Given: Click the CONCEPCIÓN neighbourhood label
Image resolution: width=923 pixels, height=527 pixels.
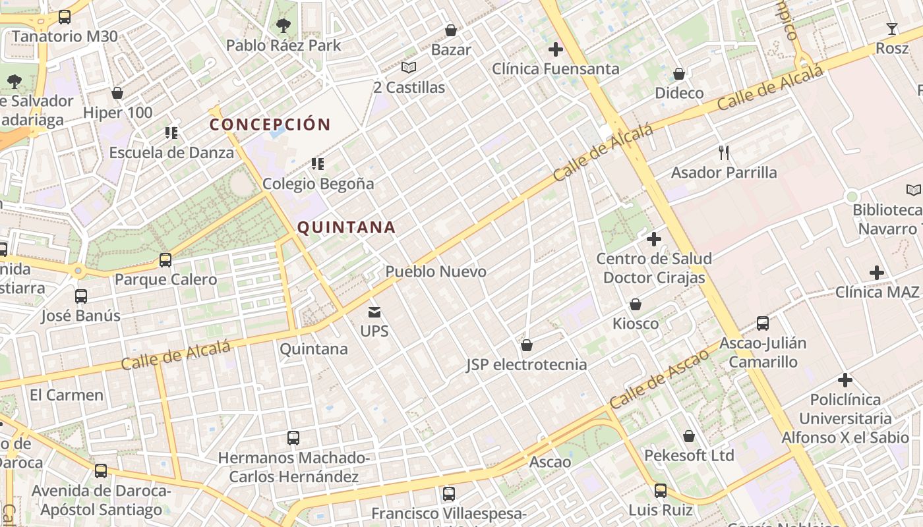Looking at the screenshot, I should click(270, 125).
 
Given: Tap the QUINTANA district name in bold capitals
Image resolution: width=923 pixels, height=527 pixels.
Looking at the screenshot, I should click(346, 228).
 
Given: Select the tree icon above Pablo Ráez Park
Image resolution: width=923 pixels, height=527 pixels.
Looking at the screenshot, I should click(283, 26).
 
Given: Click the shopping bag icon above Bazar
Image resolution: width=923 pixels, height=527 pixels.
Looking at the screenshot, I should click(451, 30).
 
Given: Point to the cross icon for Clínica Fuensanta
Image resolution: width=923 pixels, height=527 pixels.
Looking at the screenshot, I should click(556, 49).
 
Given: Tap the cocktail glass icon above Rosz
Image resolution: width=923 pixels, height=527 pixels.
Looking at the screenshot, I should click(892, 28).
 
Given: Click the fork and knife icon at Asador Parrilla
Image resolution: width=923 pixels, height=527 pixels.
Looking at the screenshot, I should click(724, 153).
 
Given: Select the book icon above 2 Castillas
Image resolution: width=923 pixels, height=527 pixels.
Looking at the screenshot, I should click(409, 67).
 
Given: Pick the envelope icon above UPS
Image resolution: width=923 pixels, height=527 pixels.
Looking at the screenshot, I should click(374, 312).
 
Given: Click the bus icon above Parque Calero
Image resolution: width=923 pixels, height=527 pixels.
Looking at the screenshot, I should click(165, 260).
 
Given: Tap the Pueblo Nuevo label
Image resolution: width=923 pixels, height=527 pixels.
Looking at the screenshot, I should click(436, 271).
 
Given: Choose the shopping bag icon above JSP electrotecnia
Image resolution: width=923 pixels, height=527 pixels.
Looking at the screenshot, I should click(527, 345).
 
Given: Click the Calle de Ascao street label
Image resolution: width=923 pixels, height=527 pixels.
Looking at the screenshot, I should click(659, 378).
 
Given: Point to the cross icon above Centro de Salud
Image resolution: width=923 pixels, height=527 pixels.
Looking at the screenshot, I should click(654, 238).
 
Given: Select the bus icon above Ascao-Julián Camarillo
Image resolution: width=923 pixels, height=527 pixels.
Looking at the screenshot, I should click(763, 323).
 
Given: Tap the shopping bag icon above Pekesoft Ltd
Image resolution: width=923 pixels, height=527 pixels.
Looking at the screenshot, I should click(689, 436).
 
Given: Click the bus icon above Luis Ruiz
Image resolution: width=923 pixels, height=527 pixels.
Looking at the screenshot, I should click(661, 491).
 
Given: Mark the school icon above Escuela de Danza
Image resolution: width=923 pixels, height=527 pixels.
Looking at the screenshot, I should click(171, 133).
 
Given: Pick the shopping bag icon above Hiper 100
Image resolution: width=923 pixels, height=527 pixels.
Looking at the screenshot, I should click(117, 93).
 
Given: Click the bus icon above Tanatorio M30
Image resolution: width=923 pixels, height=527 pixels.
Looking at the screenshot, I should click(65, 17).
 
